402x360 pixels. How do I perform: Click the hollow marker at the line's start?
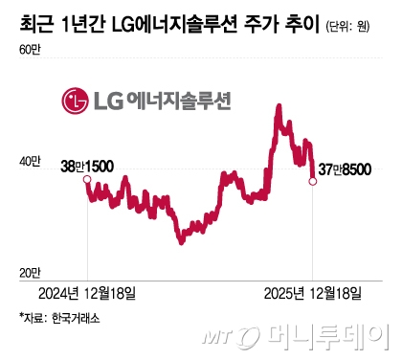[87, 180]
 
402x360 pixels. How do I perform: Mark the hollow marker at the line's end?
[313, 180]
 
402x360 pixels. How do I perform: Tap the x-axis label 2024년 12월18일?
[87, 291]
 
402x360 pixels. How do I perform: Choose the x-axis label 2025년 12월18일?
[313, 291]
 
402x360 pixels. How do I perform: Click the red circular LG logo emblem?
[74, 99]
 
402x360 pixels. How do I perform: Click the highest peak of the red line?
[278, 106]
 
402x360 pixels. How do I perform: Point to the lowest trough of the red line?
[180, 242]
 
